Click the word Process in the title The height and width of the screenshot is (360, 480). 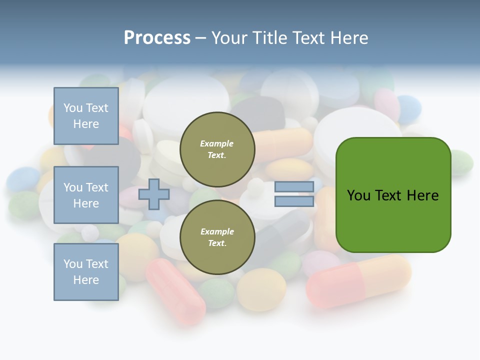157,38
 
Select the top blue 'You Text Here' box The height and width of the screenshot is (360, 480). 86,116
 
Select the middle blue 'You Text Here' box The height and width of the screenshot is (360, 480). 86,195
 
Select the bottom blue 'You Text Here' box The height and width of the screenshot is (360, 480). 86,272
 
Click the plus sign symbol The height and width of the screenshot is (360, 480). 153,194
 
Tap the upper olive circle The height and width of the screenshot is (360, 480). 217,149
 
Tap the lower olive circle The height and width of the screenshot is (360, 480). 217,237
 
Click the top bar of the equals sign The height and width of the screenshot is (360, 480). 294,187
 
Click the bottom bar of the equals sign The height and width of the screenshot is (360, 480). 294,201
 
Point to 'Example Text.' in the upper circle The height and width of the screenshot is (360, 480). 217,149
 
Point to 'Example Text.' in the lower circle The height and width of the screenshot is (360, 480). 217,237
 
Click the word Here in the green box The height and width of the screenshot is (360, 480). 422,195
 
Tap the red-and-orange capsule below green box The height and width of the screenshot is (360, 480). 358,281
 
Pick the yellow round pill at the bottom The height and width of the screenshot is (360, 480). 261,289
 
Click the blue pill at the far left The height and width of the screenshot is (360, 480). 23,179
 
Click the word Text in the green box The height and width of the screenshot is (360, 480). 389,195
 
